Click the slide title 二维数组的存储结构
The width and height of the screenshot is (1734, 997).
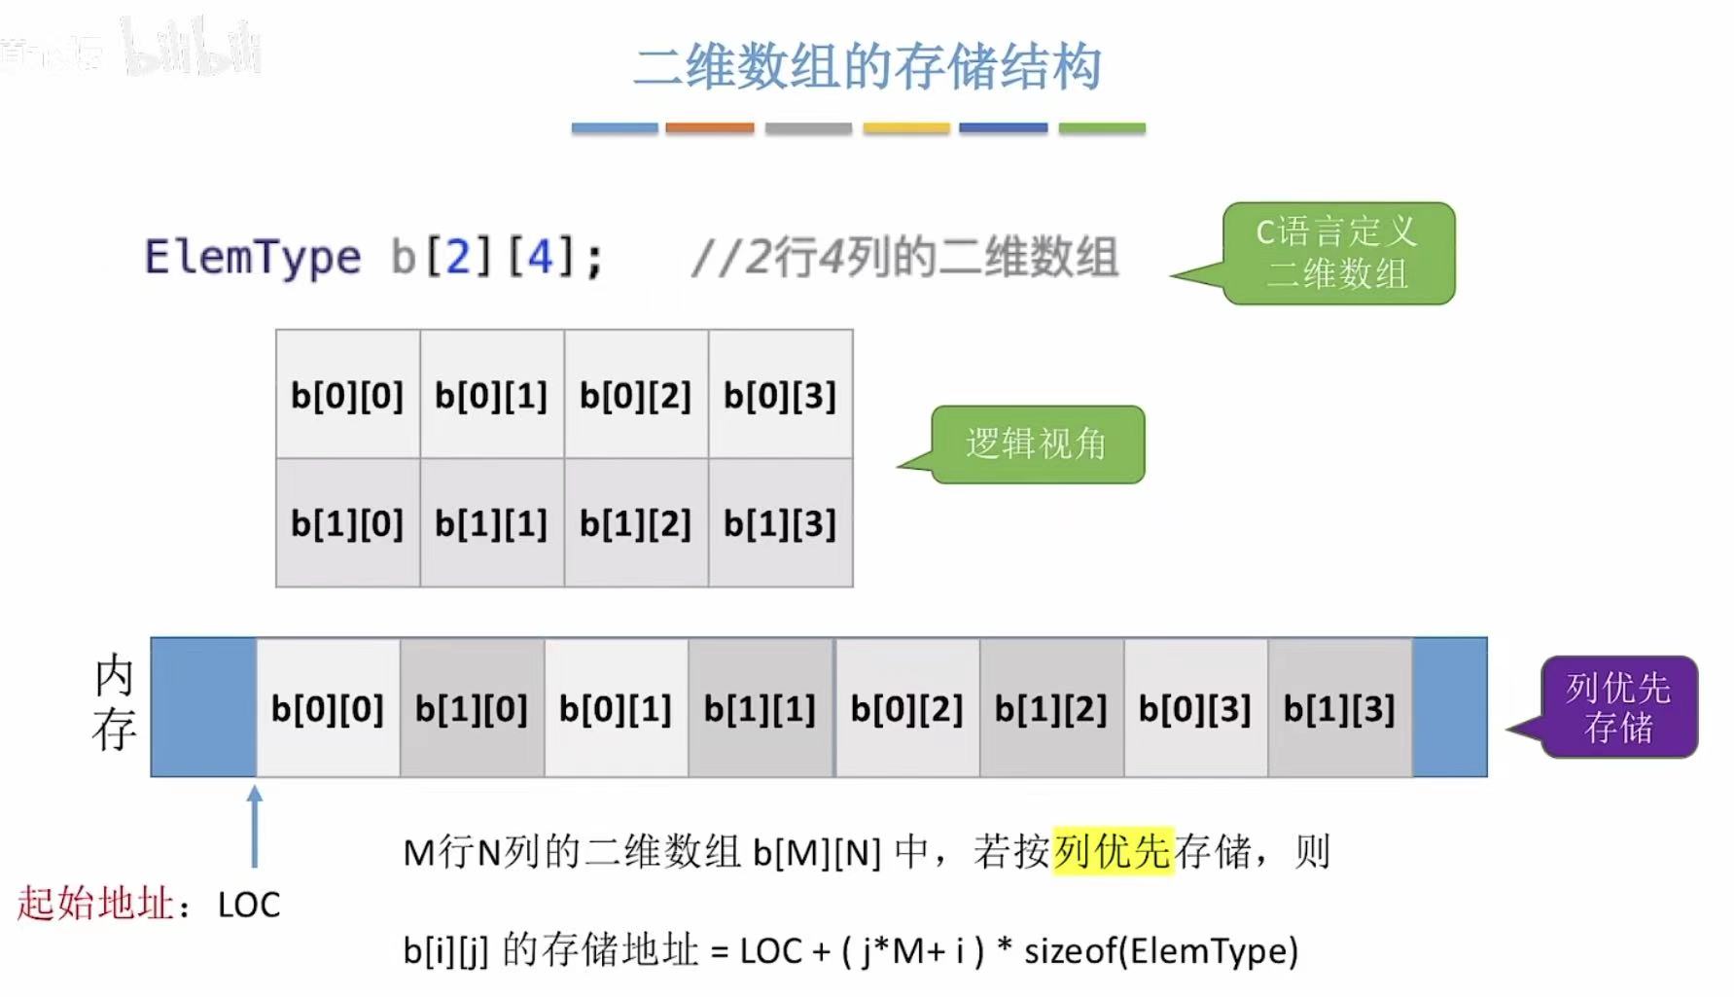coord(867,67)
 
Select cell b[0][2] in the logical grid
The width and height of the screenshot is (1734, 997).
coord(636,395)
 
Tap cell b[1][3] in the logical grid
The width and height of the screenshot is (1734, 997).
coord(780,524)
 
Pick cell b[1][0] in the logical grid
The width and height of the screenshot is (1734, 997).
coord(347,524)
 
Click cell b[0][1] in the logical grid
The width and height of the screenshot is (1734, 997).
coord(491,395)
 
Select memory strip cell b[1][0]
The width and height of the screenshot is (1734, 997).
coord(472,708)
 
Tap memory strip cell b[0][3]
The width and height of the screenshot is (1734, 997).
coord(1195,708)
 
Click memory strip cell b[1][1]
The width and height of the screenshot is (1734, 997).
coord(761,708)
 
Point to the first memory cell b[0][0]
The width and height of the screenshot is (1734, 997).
coord(328,708)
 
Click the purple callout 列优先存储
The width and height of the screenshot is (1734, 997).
coord(1618,707)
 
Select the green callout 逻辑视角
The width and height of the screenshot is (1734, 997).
coord(1037,445)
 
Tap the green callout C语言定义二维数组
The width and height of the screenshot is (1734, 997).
coord(1337,253)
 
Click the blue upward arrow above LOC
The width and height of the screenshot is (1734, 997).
coord(255,826)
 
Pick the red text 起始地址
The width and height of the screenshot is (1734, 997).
coord(95,905)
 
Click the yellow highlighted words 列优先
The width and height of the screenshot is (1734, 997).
coord(1113,852)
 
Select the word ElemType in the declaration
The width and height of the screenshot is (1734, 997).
coord(253,258)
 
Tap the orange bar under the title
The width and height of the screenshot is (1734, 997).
coord(710,127)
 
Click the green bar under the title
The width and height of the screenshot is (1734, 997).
coord(1101,127)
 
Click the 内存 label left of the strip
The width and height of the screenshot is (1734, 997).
coord(114,703)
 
